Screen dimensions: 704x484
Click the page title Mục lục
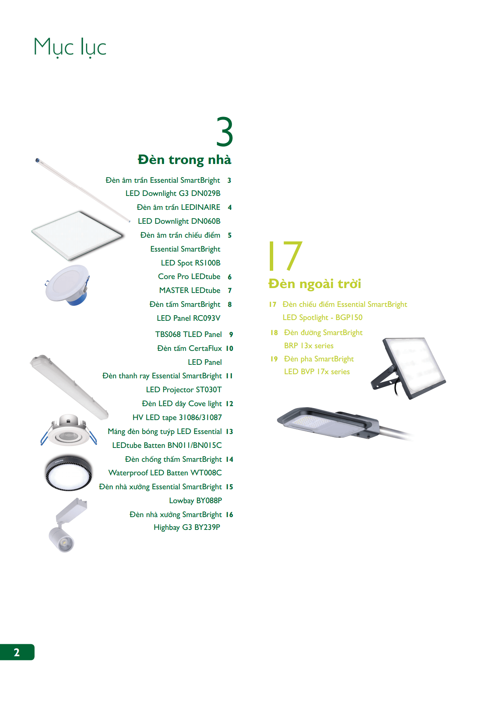click(x=70, y=47)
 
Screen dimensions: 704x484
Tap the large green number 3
click(x=225, y=132)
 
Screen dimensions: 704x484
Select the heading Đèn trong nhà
click(x=184, y=160)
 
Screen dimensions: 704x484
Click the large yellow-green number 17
click(x=285, y=256)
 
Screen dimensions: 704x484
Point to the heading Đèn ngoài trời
click(x=315, y=284)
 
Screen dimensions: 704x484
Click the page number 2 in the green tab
click(x=17, y=652)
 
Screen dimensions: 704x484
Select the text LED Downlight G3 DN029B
click(x=173, y=193)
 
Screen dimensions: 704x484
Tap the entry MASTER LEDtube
click(x=190, y=290)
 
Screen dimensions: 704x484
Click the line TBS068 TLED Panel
click(x=188, y=334)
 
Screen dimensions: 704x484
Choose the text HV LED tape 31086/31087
click(x=177, y=417)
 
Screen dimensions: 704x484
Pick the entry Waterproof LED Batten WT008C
click(x=165, y=473)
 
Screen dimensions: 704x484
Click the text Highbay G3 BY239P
click(x=187, y=527)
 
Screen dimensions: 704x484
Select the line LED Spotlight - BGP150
click(x=322, y=317)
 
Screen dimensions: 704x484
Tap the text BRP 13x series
click(x=309, y=346)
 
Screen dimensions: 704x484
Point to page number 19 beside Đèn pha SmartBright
click(x=274, y=359)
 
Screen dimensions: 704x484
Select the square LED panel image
click(x=77, y=235)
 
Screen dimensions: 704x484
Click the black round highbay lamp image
click(x=68, y=473)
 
